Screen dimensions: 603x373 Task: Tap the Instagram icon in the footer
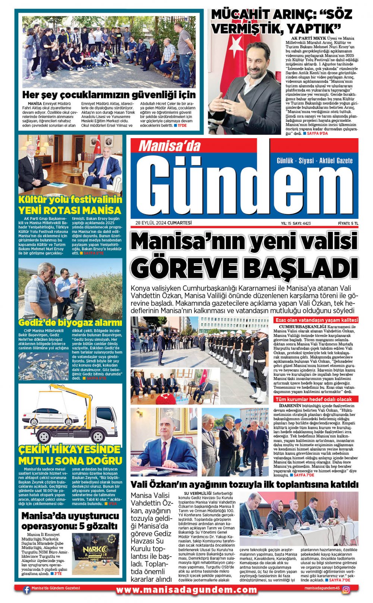[x=346, y=590]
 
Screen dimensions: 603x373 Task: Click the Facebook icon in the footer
[x=26, y=590]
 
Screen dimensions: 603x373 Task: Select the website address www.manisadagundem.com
[x=186, y=590]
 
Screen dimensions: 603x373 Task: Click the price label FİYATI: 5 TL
[x=348, y=223]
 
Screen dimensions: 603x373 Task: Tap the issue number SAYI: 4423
[x=302, y=223]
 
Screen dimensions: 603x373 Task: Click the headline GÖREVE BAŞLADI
[x=244, y=267]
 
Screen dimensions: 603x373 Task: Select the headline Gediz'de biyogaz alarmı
[x=70, y=322]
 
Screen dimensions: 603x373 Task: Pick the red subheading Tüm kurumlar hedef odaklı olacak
[x=313, y=399]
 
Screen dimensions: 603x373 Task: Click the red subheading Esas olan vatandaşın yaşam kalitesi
[x=316, y=320]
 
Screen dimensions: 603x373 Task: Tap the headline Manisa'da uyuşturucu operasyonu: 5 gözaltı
[x=70, y=521]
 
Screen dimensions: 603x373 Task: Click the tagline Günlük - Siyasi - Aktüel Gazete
[x=314, y=161]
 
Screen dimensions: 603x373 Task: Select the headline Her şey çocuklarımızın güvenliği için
[x=109, y=94]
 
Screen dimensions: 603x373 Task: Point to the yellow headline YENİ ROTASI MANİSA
[x=70, y=210]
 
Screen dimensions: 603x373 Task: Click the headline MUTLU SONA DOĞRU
[x=70, y=460]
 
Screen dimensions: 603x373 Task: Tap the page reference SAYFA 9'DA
[x=317, y=133]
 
